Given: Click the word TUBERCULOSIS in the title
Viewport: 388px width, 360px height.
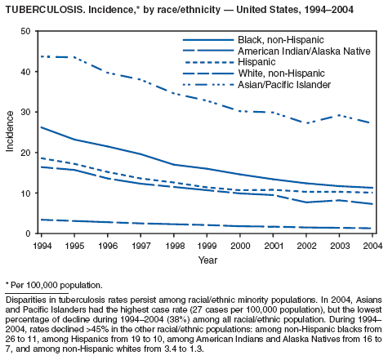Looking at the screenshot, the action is [45, 10].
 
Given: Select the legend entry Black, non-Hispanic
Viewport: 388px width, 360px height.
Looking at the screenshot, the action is [281, 40].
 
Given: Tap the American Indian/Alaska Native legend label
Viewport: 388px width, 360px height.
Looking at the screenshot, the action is [304, 51].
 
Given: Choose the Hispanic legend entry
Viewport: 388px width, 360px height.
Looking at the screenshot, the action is [256, 62].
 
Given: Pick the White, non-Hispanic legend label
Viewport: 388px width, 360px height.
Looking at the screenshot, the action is [281, 73].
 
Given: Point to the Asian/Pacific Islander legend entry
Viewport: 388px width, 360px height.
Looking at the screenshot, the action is [284, 85].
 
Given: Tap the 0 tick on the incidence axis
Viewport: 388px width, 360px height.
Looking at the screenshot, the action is [28, 233].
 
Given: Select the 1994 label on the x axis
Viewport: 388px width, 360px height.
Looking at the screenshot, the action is [42, 246].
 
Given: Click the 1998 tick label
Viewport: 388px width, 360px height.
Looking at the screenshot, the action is [174, 246].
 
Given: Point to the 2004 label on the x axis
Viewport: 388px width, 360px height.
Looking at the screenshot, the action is [372, 246].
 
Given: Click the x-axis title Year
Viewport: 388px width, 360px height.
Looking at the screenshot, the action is [207, 260].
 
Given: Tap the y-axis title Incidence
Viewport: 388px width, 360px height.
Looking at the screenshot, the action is [10, 131].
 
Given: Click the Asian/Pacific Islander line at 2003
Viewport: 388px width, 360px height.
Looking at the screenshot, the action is [339, 115].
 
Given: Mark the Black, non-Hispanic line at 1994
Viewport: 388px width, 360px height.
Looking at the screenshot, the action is [42, 127].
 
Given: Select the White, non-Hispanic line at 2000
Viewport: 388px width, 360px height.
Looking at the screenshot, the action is [240, 226].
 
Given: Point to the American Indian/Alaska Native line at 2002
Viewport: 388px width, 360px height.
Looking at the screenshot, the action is [306, 202].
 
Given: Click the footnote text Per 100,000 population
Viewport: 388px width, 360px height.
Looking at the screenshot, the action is [56, 285].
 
